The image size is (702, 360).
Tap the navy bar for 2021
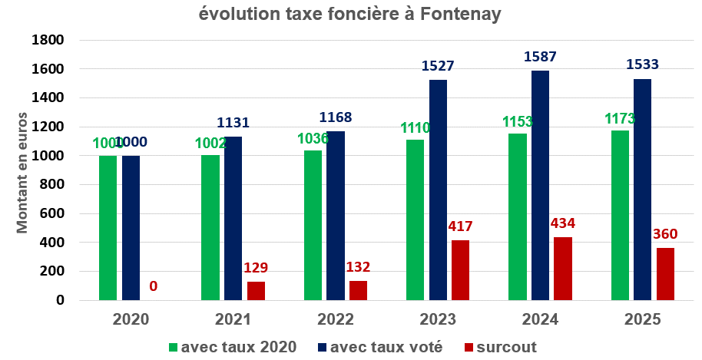coord(233,219)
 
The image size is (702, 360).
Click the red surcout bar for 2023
coord(460,270)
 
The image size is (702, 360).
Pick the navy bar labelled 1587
coord(541,185)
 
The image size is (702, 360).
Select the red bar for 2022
coord(358,290)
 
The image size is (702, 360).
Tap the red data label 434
coord(563,223)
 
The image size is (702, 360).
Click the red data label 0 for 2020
coord(154,286)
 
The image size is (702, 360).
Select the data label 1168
coord(336,118)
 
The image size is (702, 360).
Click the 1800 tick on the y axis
coord(48,40)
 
